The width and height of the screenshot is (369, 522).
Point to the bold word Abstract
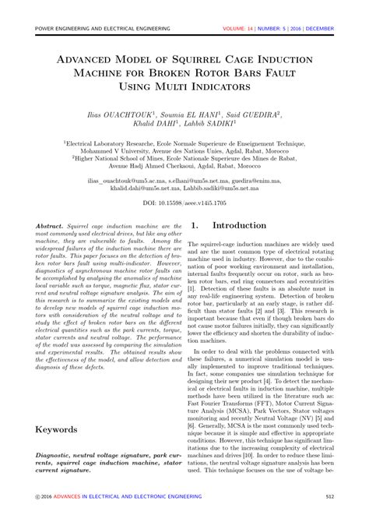click(51, 225)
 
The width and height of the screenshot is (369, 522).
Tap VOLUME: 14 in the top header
click(242, 30)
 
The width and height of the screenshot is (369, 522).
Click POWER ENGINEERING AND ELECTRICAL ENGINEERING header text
click(103, 30)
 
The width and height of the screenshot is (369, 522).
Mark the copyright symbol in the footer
click(38, 497)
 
